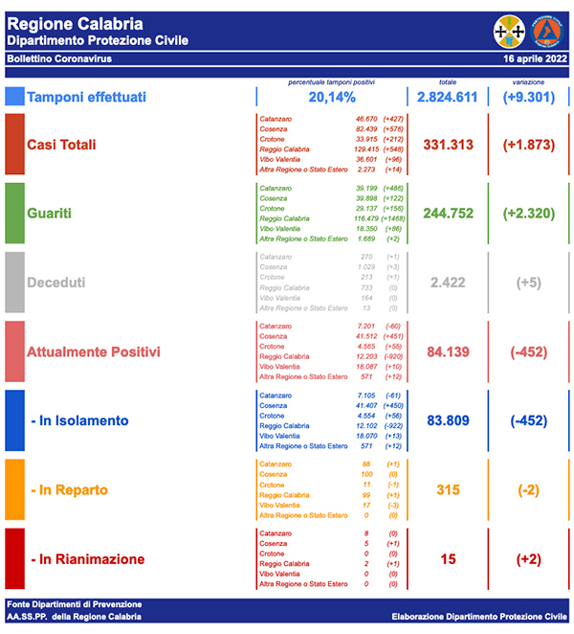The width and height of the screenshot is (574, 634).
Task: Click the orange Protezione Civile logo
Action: (x=547, y=31)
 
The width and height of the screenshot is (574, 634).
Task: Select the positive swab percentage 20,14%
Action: (x=332, y=98)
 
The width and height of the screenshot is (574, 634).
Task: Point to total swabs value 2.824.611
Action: (x=447, y=98)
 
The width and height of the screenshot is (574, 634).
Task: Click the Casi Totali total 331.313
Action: (x=449, y=145)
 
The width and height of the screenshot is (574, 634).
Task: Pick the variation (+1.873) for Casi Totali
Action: (x=529, y=145)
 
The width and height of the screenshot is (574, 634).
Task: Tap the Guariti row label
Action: (x=54, y=214)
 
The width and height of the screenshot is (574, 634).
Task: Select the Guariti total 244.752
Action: (x=449, y=214)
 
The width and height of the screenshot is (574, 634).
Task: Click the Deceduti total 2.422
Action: (x=449, y=283)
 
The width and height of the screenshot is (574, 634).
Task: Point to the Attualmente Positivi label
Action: (x=94, y=351)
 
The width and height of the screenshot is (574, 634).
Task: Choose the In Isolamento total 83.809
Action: (x=449, y=420)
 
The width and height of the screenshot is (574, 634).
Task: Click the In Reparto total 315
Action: (x=449, y=489)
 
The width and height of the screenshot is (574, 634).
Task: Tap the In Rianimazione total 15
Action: (x=449, y=558)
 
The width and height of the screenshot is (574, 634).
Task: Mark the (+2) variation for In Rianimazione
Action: (x=529, y=558)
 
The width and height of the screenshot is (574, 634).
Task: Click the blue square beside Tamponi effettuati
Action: (x=13, y=97)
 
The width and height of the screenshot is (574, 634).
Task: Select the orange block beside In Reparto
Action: (x=13, y=489)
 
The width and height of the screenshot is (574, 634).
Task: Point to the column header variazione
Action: (x=529, y=82)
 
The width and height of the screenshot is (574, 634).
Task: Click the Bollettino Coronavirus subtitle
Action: (x=58, y=59)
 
